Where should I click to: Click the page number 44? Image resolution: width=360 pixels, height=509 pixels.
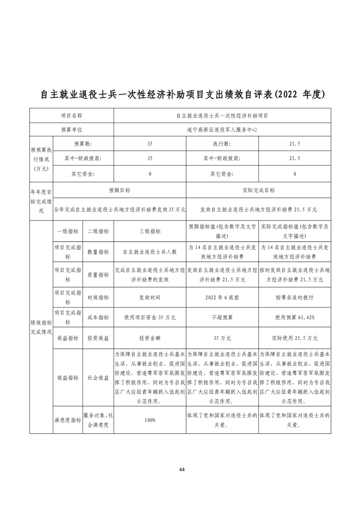click(182, 469)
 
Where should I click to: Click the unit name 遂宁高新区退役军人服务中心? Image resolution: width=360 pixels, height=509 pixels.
click(222, 129)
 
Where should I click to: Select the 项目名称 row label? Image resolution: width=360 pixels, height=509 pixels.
click(72, 116)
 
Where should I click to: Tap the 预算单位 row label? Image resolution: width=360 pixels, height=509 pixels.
click(72, 129)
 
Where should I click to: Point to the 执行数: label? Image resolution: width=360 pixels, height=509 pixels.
click(222, 144)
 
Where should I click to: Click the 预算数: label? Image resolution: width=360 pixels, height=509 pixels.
click(83, 144)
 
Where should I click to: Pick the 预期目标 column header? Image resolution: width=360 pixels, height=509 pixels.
click(119, 191)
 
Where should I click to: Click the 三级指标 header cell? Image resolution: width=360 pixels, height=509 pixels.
click(150, 231)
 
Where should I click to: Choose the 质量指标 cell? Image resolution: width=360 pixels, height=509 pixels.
click(98, 275)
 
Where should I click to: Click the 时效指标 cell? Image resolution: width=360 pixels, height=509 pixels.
click(98, 297)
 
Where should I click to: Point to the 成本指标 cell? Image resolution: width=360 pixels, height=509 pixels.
click(98, 318)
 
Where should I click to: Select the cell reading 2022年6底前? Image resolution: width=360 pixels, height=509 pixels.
click(222, 297)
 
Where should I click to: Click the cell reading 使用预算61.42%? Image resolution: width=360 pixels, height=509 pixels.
click(295, 318)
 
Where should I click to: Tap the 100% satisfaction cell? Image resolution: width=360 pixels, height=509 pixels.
click(150, 420)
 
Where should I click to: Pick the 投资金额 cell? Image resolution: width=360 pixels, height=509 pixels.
click(150, 338)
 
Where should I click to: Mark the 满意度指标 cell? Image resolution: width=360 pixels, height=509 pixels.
click(68, 420)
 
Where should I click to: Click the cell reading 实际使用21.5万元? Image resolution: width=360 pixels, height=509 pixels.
click(295, 338)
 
